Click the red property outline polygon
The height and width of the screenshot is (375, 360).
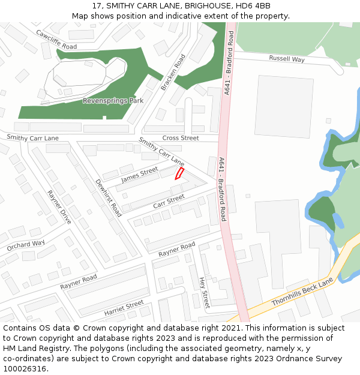(179, 173)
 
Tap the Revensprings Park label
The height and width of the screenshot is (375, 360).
(113, 101)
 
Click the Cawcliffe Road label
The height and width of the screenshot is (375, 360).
(56, 40)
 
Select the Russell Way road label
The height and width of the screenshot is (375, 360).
(287, 59)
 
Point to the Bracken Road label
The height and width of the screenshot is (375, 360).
(173, 73)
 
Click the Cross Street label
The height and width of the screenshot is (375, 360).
(181, 138)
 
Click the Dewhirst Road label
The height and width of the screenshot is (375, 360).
(109, 198)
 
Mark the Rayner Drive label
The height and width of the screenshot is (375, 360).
(59, 207)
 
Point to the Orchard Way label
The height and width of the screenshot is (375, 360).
(26, 246)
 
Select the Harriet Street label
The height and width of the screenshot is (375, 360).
(124, 308)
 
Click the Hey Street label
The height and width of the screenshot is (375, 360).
(204, 292)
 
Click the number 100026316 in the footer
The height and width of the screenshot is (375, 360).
(23, 368)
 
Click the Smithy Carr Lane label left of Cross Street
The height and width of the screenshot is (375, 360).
(33, 138)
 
